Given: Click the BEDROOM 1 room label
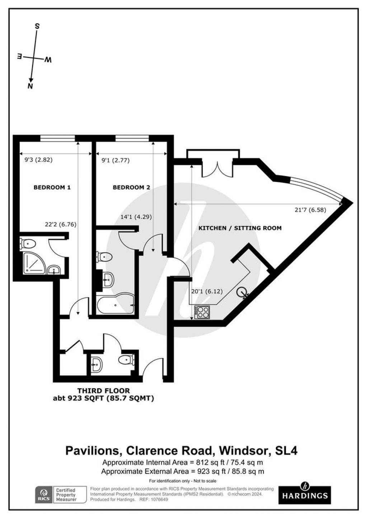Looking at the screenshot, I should tap(52, 187).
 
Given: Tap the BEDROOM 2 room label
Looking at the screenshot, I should tap(131, 187).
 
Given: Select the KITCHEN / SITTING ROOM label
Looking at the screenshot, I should tap(240, 228).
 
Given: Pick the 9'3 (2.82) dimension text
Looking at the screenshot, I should tap(36, 160).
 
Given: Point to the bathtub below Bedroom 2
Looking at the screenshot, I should tap(115, 306).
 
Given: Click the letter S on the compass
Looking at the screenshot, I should tap(37, 26).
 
